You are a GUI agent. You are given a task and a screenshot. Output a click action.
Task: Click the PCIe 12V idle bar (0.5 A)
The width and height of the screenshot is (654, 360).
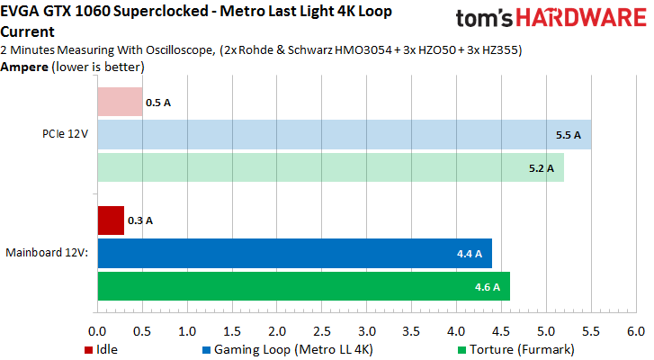(x=120, y=102)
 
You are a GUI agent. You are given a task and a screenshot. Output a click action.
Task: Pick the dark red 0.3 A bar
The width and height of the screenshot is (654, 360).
(x=111, y=220)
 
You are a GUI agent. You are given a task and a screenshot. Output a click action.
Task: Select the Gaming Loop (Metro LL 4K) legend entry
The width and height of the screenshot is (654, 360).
(x=288, y=347)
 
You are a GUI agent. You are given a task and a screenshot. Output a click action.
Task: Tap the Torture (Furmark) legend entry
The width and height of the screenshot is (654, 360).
(x=514, y=347)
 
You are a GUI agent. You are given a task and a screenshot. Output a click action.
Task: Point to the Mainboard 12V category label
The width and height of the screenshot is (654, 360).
(x=47, y=253)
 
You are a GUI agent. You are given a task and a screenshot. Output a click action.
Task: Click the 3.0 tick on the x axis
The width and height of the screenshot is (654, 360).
(x=367, y=331)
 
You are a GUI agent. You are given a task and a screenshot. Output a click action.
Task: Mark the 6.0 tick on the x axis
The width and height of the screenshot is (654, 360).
(x=636, y=331)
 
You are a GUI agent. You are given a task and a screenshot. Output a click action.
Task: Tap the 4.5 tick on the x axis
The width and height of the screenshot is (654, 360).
(x=501, y=331)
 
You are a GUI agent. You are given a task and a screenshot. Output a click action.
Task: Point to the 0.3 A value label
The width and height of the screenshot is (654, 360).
(x=140, y=220)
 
